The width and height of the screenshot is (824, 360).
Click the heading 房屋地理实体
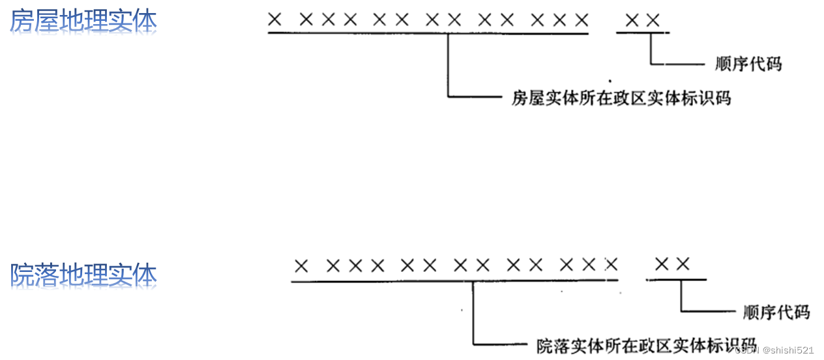[83, 23]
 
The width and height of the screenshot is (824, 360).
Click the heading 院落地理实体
[83, 277]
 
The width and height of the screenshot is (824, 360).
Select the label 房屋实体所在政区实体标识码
[621, 98]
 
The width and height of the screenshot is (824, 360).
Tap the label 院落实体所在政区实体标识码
[646, 346]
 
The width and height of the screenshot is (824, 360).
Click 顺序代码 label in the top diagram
[748, 64]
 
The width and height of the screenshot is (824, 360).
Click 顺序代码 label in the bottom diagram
[776, 312]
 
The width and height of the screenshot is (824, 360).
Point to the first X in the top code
[274, 20]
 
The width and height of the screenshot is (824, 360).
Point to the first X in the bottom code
[301, 265]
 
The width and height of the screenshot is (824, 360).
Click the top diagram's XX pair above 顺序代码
[642, 20]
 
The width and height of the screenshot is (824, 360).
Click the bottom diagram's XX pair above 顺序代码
[672, 265]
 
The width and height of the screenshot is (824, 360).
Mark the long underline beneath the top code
[428, 33]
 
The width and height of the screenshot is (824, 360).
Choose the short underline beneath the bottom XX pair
[676, 280]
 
